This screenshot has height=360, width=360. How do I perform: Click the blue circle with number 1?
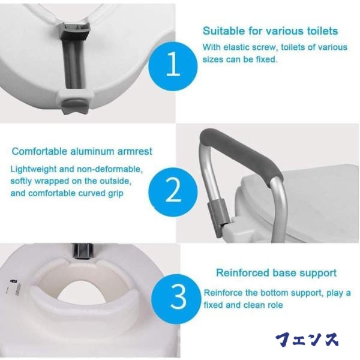click(172, 65)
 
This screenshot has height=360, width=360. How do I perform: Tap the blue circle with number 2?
click(172, 191)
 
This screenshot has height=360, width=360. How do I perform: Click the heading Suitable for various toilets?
click(269, 31)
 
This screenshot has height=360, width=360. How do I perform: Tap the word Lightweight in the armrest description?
click(34, 169)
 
